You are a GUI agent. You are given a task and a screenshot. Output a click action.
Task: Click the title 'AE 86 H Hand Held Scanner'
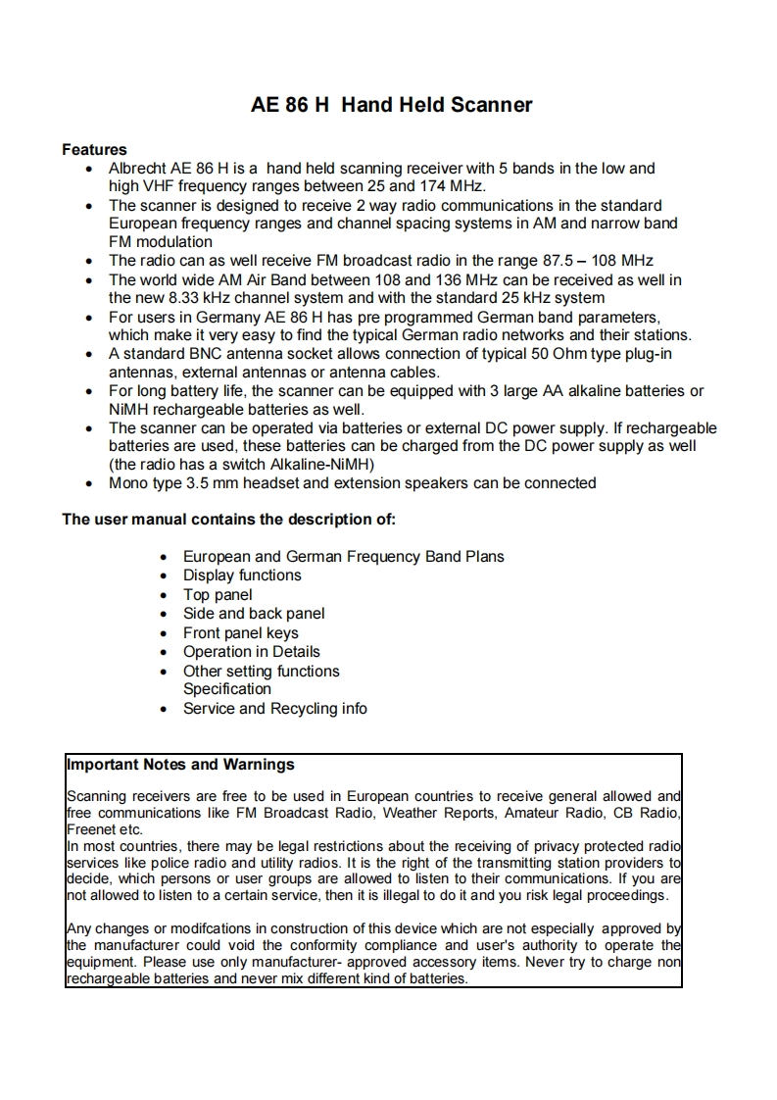(391, 105)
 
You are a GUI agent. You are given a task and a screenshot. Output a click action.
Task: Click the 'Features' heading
(94, 150)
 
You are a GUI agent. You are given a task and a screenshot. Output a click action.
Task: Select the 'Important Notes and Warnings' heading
(180, 765)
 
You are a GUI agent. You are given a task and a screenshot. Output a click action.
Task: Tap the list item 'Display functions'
(242, 575)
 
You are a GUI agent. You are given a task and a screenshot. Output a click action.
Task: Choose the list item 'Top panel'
(218, 595)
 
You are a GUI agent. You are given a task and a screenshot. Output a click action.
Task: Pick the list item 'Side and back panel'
(254, 614)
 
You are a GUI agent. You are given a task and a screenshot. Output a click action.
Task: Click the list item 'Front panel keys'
(240, 633)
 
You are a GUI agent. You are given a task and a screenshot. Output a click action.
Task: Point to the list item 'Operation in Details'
(251, 652)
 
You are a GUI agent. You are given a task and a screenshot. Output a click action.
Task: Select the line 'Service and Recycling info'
(274, 709)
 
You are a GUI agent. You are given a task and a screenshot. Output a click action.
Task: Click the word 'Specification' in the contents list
(227, 689)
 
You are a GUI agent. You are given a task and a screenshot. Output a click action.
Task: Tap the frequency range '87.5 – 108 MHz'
(598, 261)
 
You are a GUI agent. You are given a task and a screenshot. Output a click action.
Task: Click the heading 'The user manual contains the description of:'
(228, 520)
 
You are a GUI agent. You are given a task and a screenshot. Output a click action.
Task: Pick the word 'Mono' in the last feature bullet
(128, 483)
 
